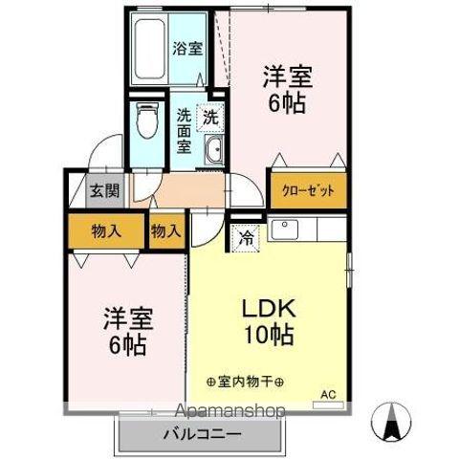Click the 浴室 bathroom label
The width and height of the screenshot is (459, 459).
pyautogui.click(x=186, y=48)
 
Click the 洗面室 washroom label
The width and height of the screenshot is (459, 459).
pyautogui.click(x=185, y=131)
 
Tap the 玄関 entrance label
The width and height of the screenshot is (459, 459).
pyautogui.click(x=105, y=190)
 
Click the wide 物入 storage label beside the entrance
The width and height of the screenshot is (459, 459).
pyautogui.click(x=106, y=230)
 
